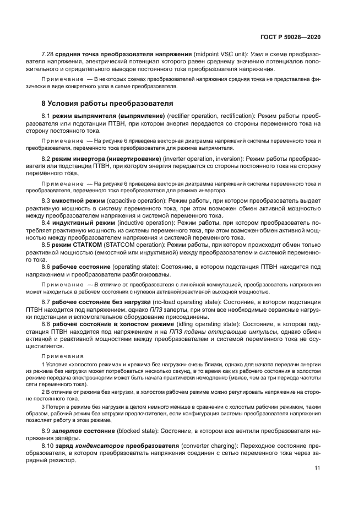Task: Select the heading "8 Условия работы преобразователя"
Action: pyautogui.click(x=100, y=102)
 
